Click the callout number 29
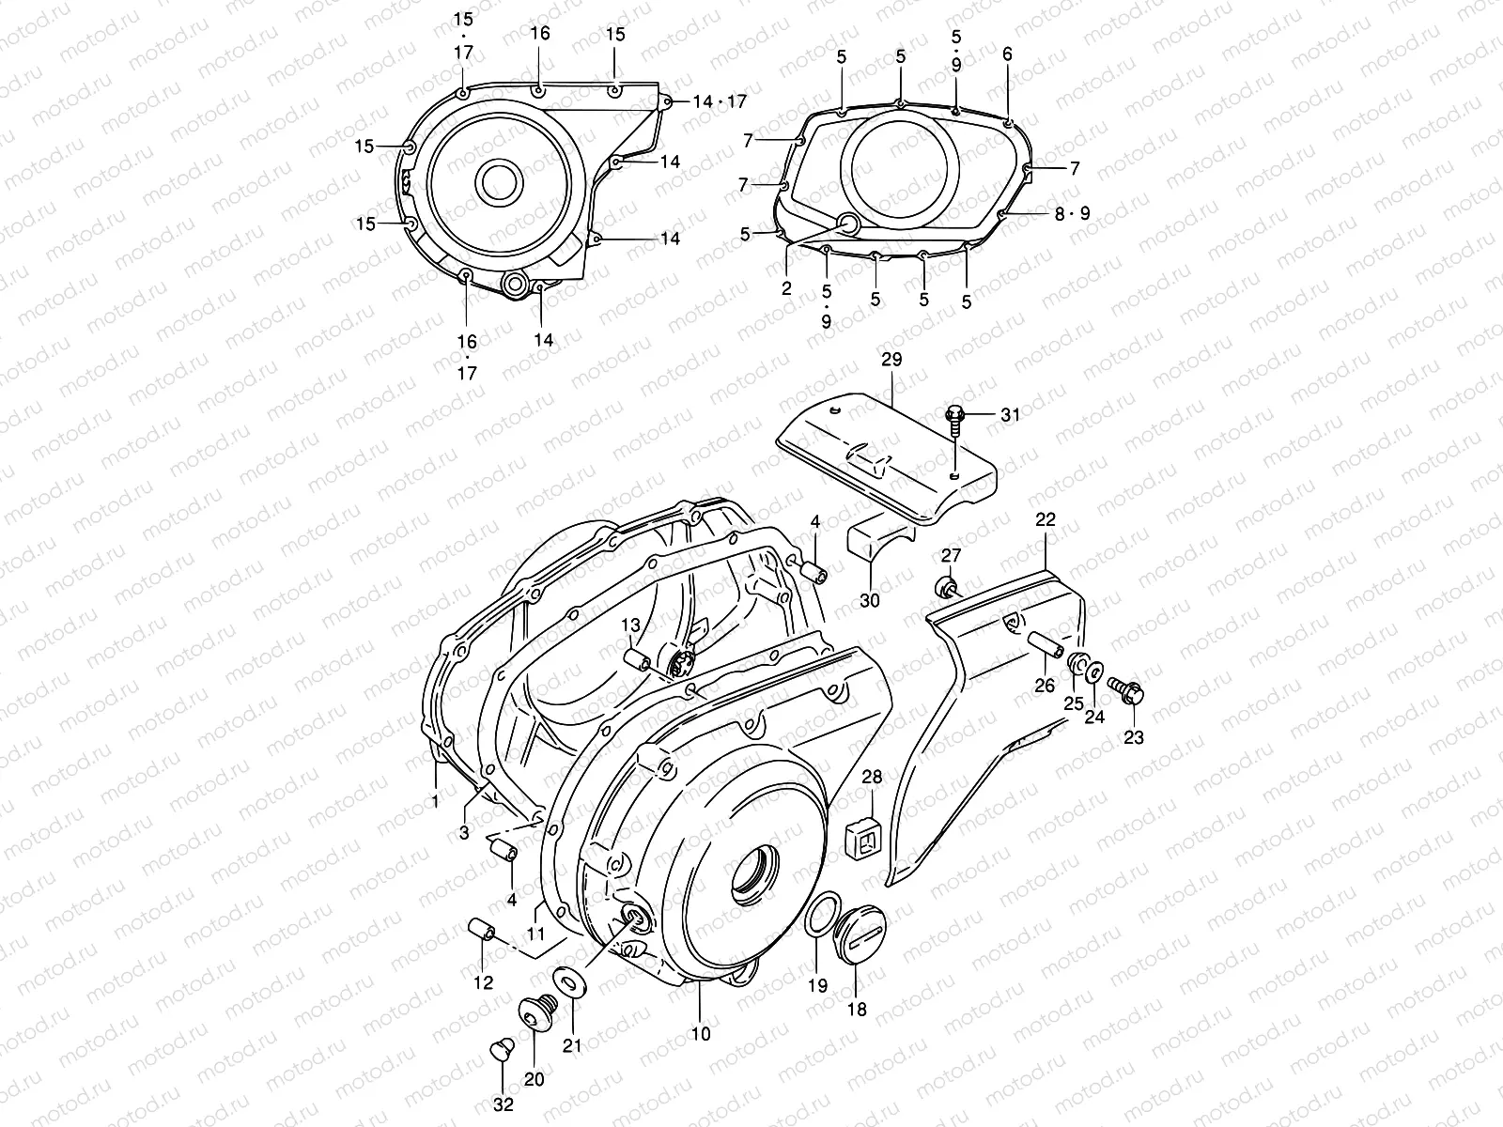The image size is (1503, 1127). [891, 361]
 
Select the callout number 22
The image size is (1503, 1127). [1046, 519]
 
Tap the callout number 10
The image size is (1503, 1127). [701, 1034]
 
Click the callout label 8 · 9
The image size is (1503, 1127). [1071, 213]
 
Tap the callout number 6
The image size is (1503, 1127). [1008, 54]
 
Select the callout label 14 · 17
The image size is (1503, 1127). [720, 101]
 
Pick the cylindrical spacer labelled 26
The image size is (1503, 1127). [1046, 647]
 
